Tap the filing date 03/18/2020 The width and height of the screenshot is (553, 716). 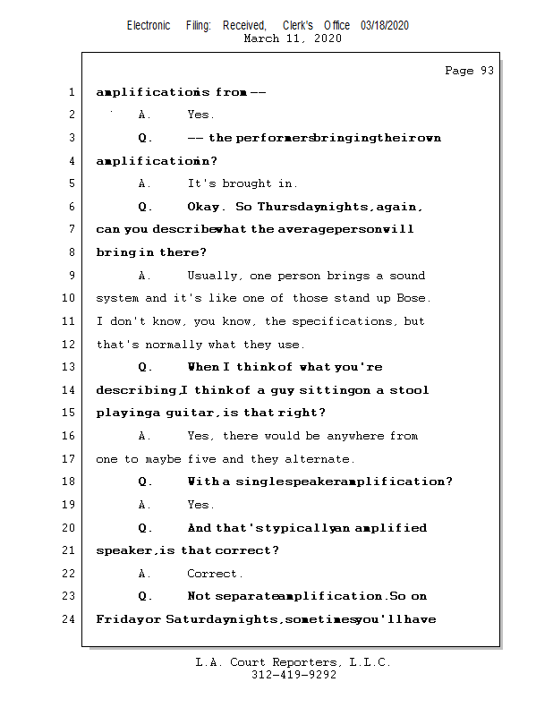pyautogui.click(x=385, y=25)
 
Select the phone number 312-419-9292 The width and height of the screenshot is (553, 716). pyautogui.click(x=294, y=675)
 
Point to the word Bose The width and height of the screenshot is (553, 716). pyautogui.click(x=413, y=298)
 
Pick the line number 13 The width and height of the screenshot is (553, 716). pyautogui.click(x=70, y=367)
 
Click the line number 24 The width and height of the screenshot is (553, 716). pyautogui.click(x=70, y=618)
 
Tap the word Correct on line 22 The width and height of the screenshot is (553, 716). pyautogui.click(x=213, y=574)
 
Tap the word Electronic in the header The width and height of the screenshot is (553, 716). pyautogui.click(x=149, y=25)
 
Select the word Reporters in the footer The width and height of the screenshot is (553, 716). pyautogui.click(x=301, y=662)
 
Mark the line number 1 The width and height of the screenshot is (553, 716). pyautogui.click(x=70, y=92)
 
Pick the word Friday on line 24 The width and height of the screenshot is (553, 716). pyautogui.click(x=116, y=618)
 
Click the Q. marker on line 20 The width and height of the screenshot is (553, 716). pyautogui.click(x=144, y=528)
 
